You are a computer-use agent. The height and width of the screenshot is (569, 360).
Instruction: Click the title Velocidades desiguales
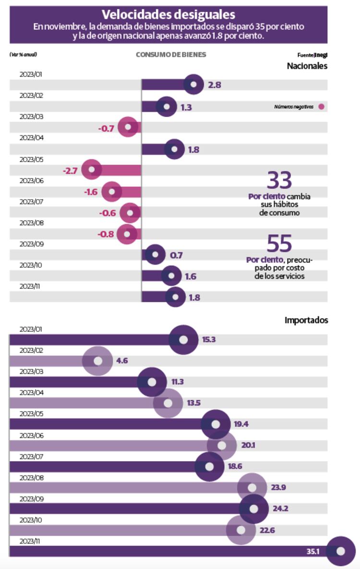click(168, 14)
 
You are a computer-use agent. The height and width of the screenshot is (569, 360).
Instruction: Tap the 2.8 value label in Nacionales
click(215, 85)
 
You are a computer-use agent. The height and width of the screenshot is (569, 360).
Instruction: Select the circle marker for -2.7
click(91, 170)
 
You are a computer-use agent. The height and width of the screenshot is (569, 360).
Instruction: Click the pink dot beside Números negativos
click(321, 107)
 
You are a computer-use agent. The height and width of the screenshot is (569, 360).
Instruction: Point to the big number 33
click(279, 181)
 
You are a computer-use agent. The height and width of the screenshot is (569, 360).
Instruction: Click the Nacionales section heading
click(307, 66)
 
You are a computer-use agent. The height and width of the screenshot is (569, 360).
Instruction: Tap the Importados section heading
click(306, 320)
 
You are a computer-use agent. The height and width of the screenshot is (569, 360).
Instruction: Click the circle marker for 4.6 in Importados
click(98, 361)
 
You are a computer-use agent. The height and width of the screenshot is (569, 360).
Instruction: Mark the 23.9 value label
click(279, 487)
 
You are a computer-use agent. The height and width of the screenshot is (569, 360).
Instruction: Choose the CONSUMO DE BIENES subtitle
click(171, 55)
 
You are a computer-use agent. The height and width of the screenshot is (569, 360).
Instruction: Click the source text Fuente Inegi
click(312, 55)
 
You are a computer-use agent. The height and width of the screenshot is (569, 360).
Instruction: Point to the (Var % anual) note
click(23, 55)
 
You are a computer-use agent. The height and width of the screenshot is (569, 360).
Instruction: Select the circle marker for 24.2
click(254, 509)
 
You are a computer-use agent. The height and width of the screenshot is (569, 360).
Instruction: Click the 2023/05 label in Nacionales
click(32, 159)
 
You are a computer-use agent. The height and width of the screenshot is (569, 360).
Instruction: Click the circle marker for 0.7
click(155, 255)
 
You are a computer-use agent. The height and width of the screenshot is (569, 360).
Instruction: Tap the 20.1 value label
click(248, 445)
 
